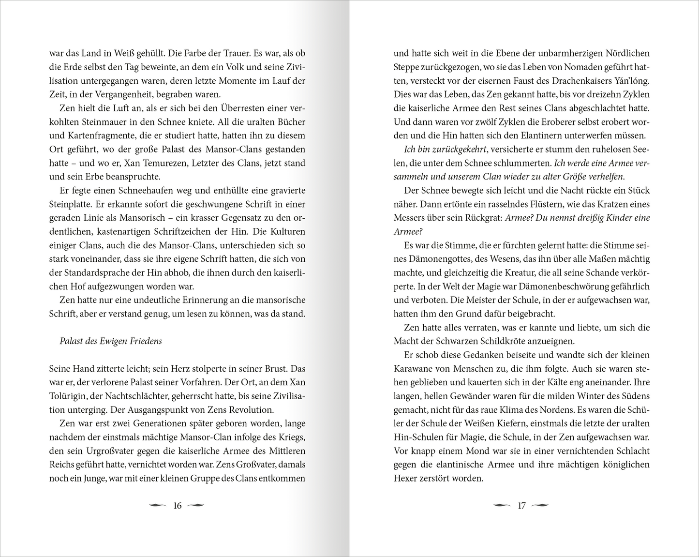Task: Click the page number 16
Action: tap(177, 506)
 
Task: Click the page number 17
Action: tap(521, 506)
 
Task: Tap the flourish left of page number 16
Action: tap(159, 506)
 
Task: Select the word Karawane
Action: tap(414, 369)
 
